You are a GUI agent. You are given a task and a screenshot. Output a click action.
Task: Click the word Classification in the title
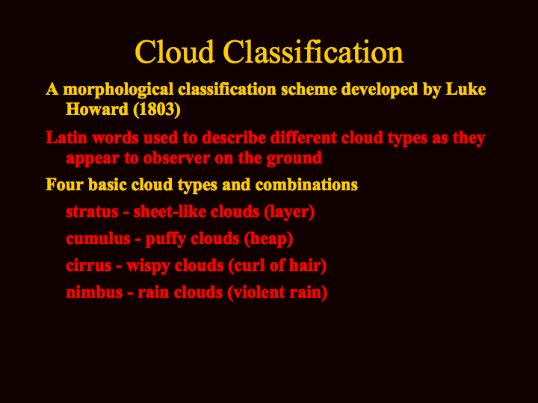click(313, 51)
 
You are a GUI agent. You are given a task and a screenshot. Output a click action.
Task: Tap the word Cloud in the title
click(175, 51)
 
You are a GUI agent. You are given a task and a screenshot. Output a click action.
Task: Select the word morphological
click(118, 90)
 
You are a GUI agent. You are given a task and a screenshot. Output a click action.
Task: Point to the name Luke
click(466, 89)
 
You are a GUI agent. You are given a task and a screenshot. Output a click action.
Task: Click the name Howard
click(97, 109)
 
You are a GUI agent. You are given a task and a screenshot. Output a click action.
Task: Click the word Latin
click(67, 138)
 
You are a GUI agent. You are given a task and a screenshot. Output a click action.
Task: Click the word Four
click(64, 184)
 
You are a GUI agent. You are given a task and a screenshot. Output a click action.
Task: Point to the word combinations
click(306, 184)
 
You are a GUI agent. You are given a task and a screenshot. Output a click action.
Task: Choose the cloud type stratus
click(92, 212)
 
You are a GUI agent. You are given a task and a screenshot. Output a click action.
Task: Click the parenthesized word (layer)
click(289, 213)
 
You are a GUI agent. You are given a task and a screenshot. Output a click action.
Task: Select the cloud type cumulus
click(98, 239)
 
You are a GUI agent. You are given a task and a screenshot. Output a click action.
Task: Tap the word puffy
click(165, 240)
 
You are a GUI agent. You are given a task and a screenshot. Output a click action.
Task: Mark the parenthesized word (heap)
click(268, 240)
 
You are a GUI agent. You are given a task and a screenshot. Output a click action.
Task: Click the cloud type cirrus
click(88, 266)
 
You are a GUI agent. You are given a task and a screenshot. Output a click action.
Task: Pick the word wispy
click(147, 266)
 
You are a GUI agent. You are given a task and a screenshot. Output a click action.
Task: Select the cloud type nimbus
click(94, 293)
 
